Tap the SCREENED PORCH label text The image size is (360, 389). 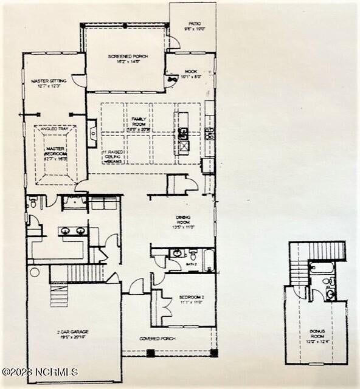[x=125, y=59]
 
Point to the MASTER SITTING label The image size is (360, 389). [x=44, y=84]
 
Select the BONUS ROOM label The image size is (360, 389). [x=317, y=334]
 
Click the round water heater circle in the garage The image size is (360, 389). [x=34, y=272]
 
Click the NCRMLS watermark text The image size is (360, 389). [x=40, y=371]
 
